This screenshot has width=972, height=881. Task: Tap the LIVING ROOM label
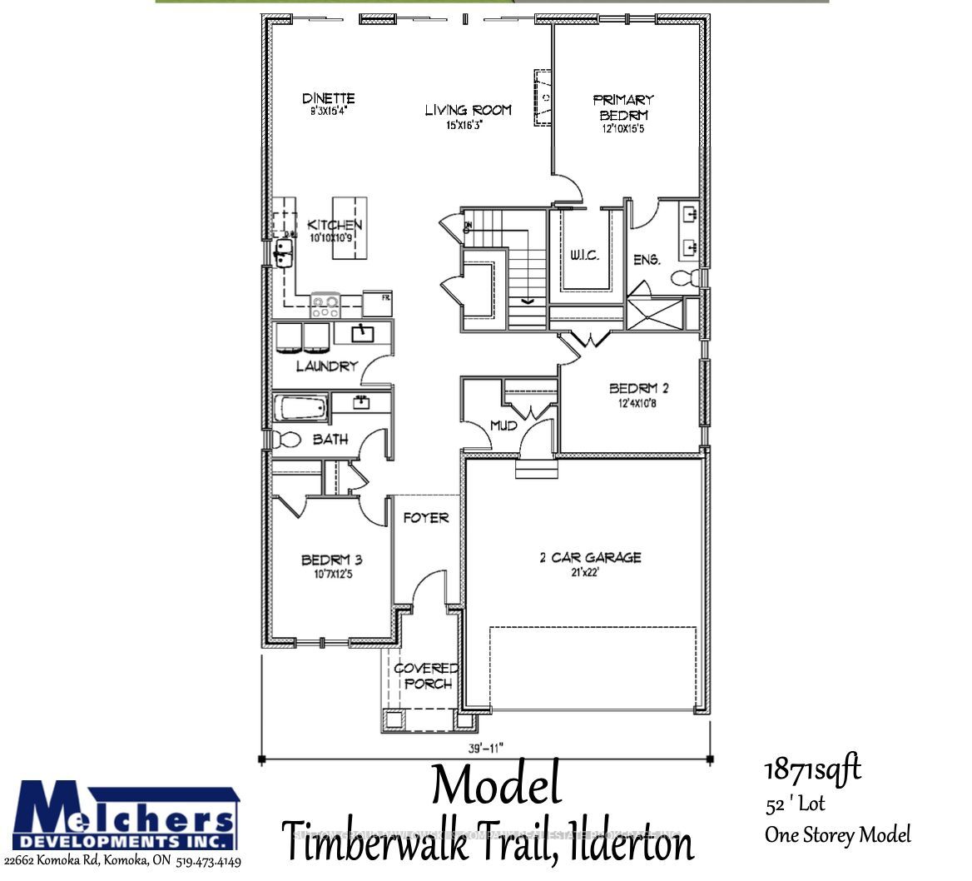(x=468, y=110)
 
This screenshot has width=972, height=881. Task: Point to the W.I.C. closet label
(x=585, y=255)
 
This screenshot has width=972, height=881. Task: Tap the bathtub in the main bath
(x=300, y=409)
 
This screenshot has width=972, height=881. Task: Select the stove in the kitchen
(x=325, y=305)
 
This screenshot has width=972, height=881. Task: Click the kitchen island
(x=350, y=227)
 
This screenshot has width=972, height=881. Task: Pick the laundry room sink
(x=362, y=334)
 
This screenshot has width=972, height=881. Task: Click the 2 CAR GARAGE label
(x=590, y=557)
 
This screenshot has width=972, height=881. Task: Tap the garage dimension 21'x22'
(x=590, y=572)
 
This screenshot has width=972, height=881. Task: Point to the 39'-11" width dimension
(x=486, y=747)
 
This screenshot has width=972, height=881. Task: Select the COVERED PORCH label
(x=425, y=675)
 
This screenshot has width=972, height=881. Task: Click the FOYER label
(x=426, y=518)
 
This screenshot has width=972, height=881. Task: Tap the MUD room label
(x=503, y=426)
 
